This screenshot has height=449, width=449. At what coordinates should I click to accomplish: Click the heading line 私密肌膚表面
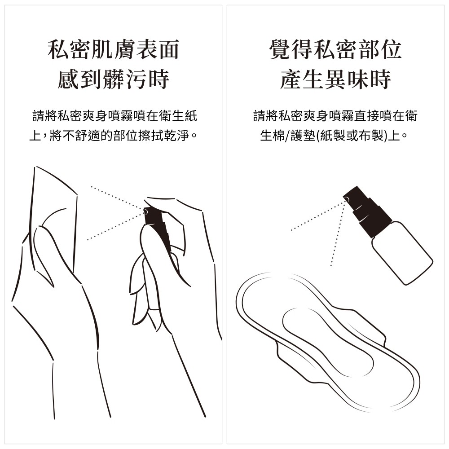[x=114, y=49]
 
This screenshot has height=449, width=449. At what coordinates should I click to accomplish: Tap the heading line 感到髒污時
[x=114, y=79]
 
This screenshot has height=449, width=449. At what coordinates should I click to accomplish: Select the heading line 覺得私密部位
[x=335, y=49]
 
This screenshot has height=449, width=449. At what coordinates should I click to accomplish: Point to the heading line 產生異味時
[x=335, y=79]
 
